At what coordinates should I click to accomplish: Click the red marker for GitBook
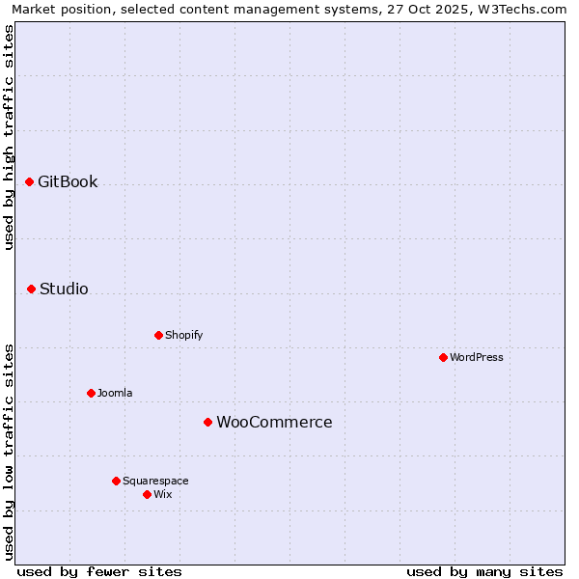(x=30, y=181)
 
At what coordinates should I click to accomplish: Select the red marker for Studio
(x=32, y=289)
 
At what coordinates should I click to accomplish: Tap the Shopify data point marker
(x=159, y=335)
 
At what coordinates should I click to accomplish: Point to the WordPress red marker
(x=444, y=357)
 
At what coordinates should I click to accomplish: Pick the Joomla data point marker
(x=92, y=393)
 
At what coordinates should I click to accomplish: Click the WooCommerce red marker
(x=208, y=422)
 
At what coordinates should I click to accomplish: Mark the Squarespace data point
(x=117, y=481)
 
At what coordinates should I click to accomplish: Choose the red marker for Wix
(x=148, y=494)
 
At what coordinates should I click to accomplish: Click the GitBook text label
(x=68, y=181)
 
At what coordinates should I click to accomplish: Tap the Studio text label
(x=64, y=289)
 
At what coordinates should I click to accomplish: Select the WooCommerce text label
(x=274, y=422)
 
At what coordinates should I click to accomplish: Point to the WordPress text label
(x=477, y=357)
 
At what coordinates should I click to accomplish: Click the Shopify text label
(x=183, y=335)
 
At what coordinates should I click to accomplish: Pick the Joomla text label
(x=115, y=393)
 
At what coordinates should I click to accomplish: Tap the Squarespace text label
(x=155, y=481)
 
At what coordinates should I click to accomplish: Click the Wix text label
(x=162, y=494)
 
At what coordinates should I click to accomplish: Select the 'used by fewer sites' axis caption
(x=99, y=571)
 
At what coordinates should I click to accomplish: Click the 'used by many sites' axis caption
(x=484, y=571)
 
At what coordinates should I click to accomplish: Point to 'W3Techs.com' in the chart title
(x=525, y=9)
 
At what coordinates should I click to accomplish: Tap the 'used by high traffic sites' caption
(x=9, y=137)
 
